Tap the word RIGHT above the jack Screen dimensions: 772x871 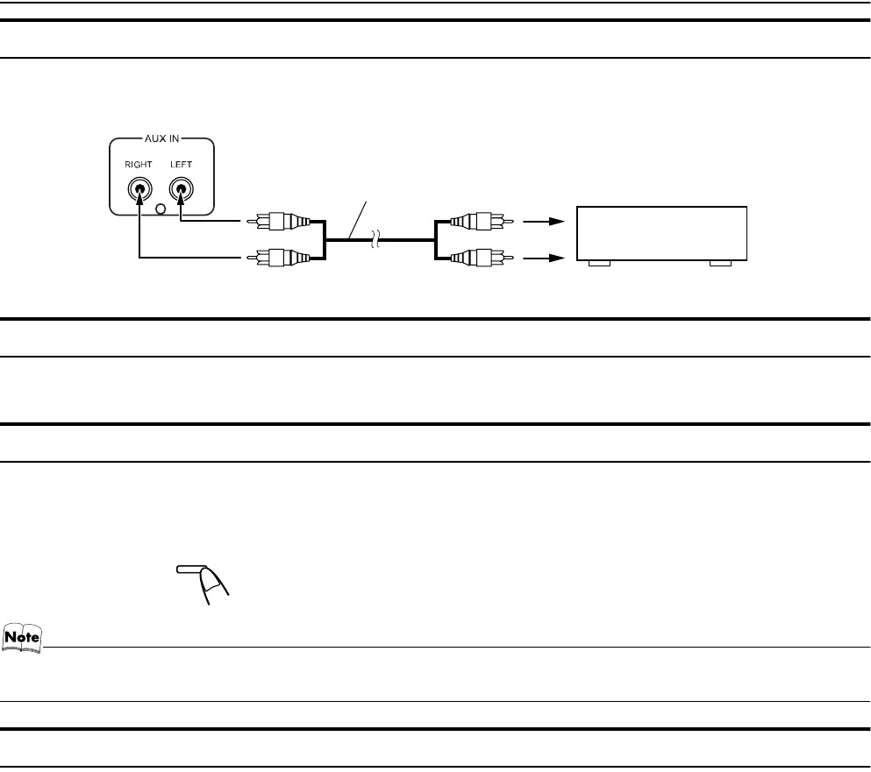pyautogui.click(x=137, y=164)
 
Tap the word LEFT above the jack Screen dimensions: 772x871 pyautogui.click(x=181, y=164)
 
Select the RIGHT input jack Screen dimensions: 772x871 pyautogui.click(x=137, y=188)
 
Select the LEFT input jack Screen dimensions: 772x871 pyautogui.click(x=181, y=188)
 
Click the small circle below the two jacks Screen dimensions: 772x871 pyautogui.click(x=159, y=209)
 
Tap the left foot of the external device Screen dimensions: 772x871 pyautogui.click(x=599, y=263)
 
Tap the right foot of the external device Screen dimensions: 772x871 pyautogui.click(x=720, y=263)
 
